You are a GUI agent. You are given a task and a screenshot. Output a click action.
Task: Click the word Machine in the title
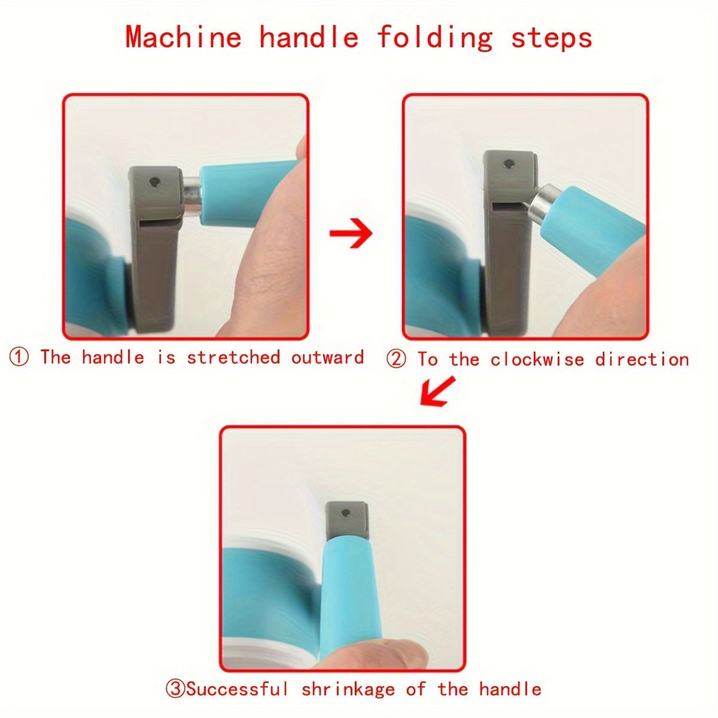183,37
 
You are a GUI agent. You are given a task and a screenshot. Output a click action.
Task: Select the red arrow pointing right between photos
351,233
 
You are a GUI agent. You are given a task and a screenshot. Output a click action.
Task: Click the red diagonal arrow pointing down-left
437,391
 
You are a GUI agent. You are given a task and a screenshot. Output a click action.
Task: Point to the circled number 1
19,358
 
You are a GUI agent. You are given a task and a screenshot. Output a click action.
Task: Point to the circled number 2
397,360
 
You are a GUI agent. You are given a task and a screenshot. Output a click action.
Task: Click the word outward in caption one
327,357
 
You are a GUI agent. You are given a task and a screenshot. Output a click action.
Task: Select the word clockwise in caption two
537,359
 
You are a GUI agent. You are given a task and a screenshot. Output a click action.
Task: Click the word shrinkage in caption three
348,679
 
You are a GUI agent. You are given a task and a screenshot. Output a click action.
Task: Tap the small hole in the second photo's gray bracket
508,163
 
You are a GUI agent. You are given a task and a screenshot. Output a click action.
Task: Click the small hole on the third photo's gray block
346,513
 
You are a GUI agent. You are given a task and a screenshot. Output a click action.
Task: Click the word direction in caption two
641,359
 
